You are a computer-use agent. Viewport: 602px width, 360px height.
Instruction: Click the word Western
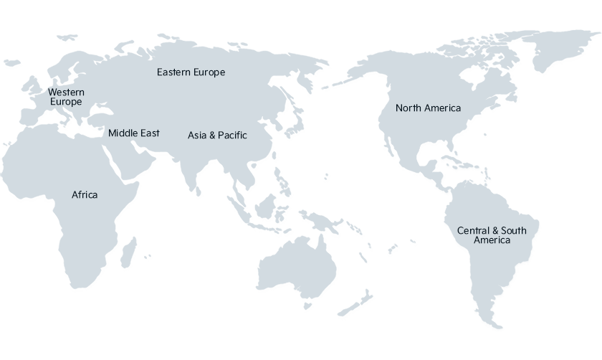(66, 93)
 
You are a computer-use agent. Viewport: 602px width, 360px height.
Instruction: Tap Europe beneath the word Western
(66, 102)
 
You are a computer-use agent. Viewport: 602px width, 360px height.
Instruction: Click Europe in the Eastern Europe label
(209, 72)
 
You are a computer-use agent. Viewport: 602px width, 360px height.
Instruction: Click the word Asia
(196, 136)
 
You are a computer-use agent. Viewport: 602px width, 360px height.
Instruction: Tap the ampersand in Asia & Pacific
(212, 136)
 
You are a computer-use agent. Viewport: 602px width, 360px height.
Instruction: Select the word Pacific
(232, 136)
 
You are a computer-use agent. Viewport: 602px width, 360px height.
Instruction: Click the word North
(408, 108)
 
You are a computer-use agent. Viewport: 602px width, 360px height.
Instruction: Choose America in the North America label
(443, 108)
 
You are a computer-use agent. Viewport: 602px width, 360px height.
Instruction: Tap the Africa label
(85, 195)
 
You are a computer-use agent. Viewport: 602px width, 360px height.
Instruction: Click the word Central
(473, 231)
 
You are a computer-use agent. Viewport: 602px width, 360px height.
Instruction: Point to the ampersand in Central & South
(494, 231)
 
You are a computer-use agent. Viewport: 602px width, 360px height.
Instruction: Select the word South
(514, 231)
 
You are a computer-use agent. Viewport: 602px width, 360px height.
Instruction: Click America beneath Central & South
(492, 240)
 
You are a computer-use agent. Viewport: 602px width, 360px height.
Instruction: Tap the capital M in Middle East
(112, 133)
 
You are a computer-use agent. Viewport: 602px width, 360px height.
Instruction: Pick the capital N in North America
(399, 108)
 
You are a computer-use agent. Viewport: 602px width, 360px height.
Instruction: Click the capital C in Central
(461, 231)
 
